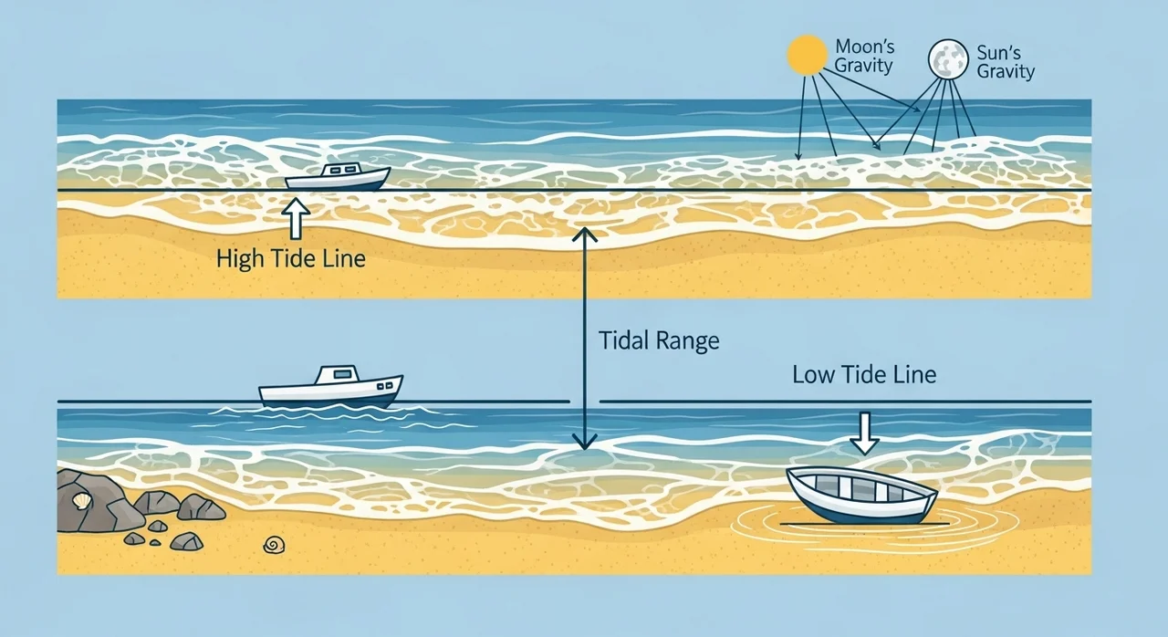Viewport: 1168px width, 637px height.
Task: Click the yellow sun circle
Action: tap(807, 55)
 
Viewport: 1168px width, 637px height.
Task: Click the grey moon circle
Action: tap(948, 59)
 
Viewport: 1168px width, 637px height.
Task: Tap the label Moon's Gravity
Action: tap(864, 56)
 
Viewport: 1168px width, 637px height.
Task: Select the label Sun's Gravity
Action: tap(1006, 62)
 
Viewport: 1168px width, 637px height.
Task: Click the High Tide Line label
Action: tap(291, 258)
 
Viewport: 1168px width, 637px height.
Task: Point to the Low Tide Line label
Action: tap(864, 374)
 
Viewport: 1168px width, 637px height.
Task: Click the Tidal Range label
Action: tap(659, 341)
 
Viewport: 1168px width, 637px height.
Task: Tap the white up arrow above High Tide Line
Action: tap(296, 218)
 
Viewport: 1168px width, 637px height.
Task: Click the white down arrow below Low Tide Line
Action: tap(864, 433)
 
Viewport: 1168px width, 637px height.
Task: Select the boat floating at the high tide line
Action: tap(338, 177)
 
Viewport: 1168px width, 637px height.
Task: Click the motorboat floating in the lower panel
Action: tap(331, 386)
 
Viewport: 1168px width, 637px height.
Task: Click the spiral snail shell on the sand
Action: tap(275, 545)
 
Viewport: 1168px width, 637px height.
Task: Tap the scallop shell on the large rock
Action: tap(82, 501)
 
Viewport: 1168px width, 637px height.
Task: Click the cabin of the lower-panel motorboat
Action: tap(339, 375)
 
